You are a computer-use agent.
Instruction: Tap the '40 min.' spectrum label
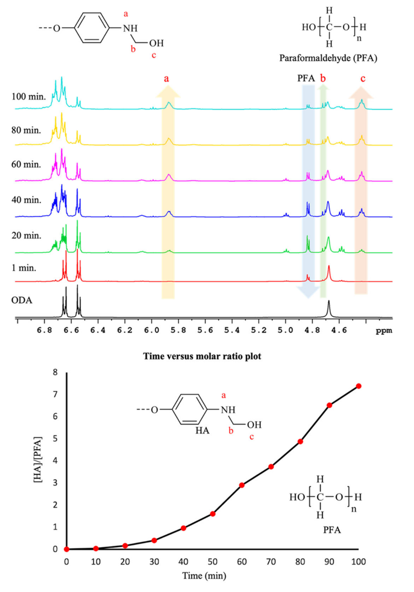click(26, 200)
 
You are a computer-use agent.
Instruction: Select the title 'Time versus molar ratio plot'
click(202, 356)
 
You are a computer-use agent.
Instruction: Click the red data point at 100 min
click(358, 386)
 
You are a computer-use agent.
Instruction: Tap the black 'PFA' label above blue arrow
click(306, 78)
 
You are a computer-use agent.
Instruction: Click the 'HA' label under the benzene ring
click(202, 430)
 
